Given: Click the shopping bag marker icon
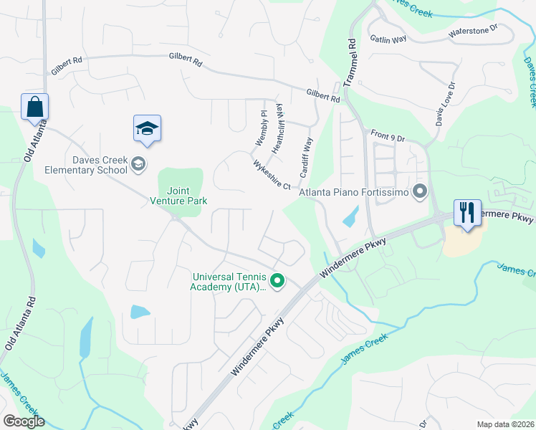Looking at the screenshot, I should click(x=34, y=107).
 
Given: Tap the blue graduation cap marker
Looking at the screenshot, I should click(x=147, y=128).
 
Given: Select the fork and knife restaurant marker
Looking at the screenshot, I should click(x=466, y=213).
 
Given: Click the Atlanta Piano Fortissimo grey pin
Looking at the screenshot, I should click(x=420, y=191).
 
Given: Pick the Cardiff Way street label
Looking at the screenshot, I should click(x=307, y=153).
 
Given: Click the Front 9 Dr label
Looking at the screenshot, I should click(x=388, y=135).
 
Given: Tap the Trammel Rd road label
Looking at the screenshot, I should click(x=350, y=62).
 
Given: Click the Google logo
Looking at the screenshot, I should click(x=24, y=421).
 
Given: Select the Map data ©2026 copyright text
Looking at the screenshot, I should click(x=505, y=424).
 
